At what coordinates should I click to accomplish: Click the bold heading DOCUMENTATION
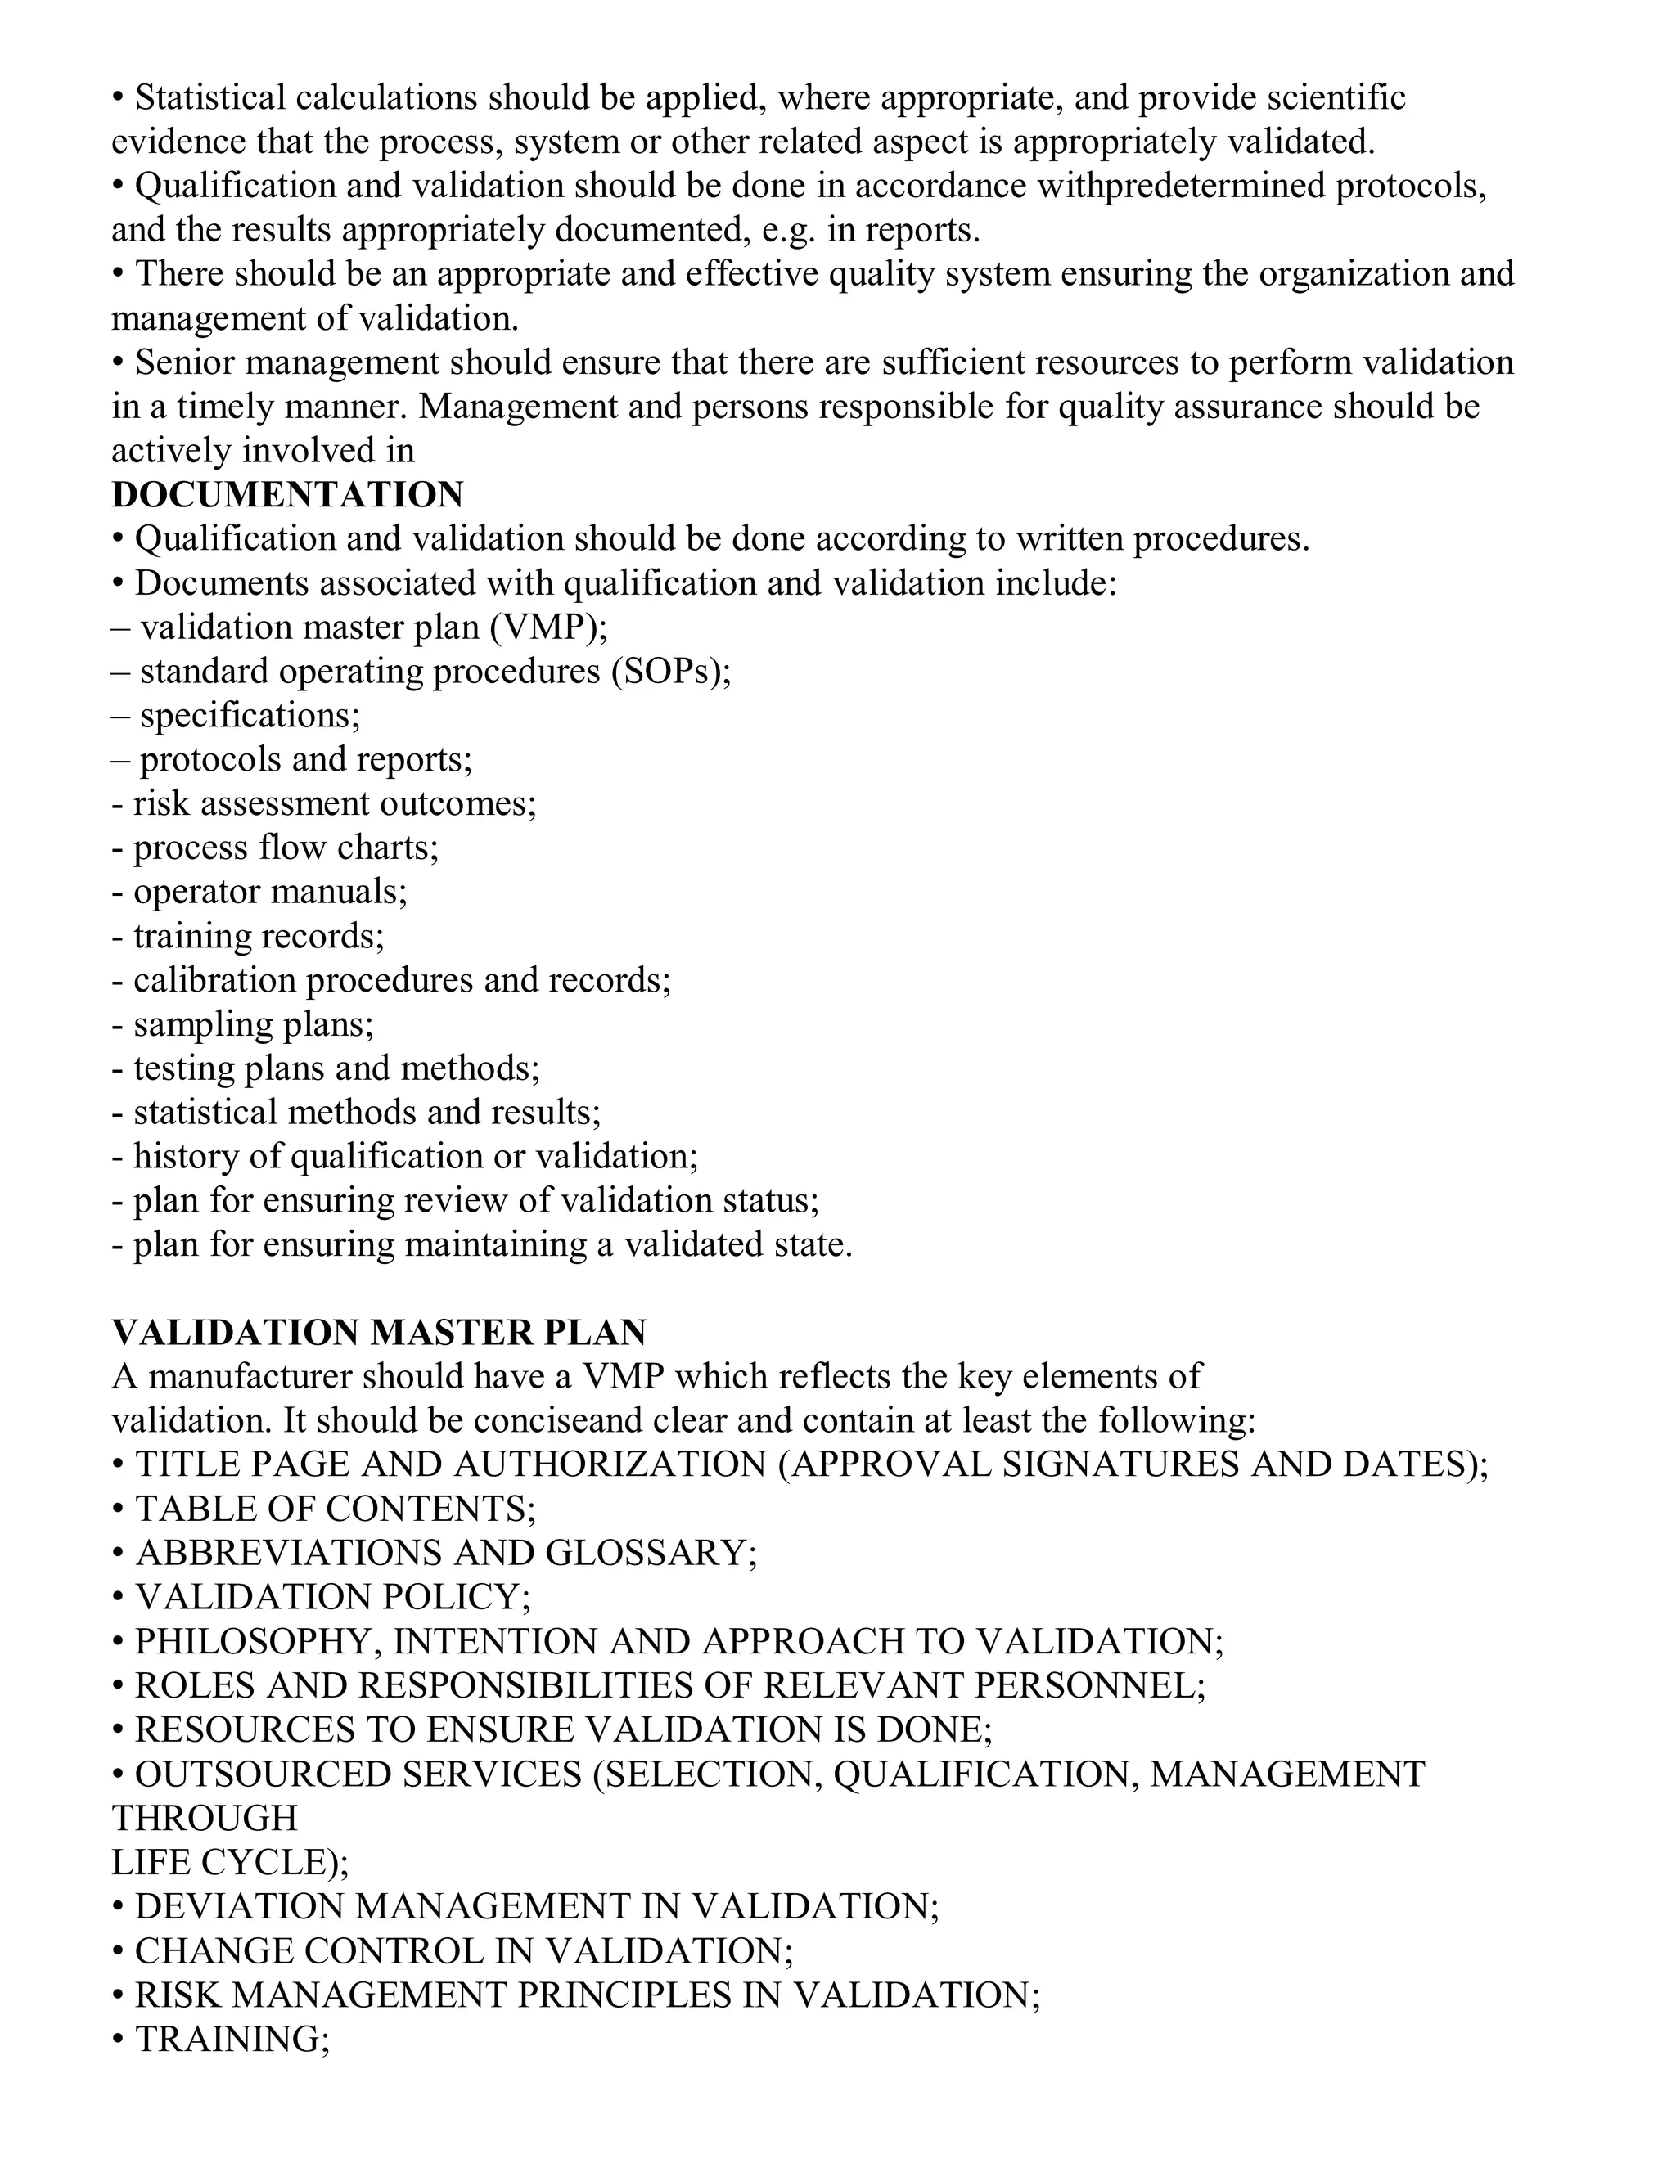pyautogui.click(x=287, y=494)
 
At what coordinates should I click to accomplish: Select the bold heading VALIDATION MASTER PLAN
pyautogui.click(x=379, y=1332)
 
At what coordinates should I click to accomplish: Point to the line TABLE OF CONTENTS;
pyautogui.click(x=335, y=1509)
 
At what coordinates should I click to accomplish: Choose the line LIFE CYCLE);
pyautogui.click(x=230, y=1862)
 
